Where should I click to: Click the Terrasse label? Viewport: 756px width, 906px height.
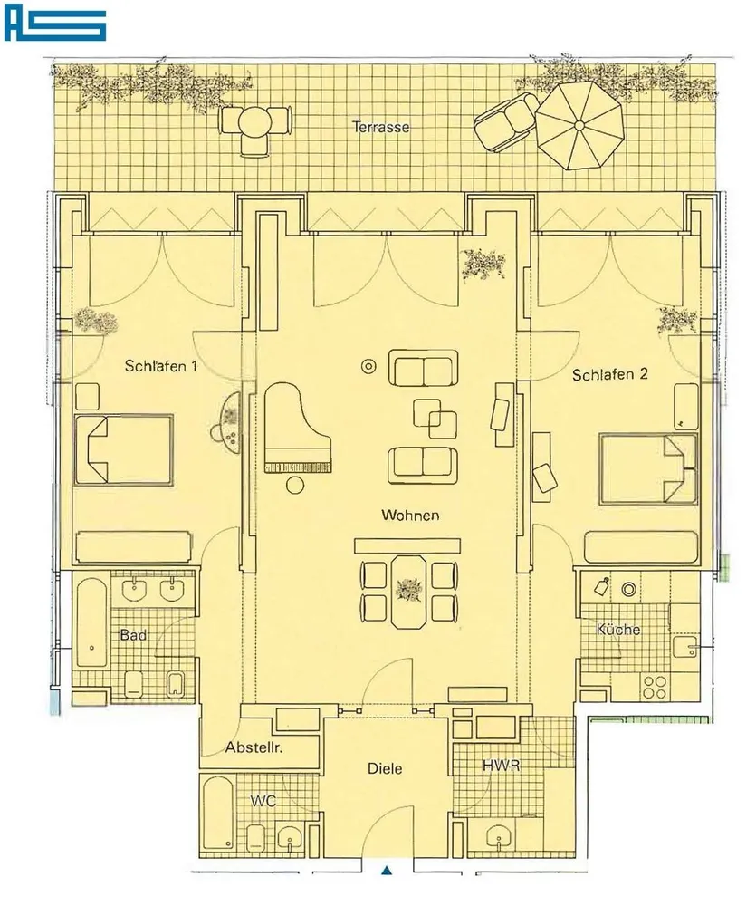(x=380, y=127)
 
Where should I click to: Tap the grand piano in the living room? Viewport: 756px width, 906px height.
(x=296, y=429)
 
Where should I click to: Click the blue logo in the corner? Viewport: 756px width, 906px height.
(x=55, y=24)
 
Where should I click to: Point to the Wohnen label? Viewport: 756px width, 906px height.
(x=410, y=515)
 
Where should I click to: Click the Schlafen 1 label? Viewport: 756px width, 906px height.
(x=161, y=366)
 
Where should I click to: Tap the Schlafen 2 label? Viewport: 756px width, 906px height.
(x=610, y=374)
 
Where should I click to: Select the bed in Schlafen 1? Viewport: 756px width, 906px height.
(x=124, y=449)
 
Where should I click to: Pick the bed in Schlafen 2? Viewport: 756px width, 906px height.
(x=648, y=468)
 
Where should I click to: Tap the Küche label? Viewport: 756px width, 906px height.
(x=618, y=630)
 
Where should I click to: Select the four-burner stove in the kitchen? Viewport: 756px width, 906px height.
(x=655, y=687)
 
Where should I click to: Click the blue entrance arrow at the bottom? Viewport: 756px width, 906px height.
(x=387, y=870)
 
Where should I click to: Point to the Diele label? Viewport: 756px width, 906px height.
(x=385, y=768)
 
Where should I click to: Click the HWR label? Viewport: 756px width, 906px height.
(x=502, y=766)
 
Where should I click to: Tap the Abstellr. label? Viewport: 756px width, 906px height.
(x=254, y=747)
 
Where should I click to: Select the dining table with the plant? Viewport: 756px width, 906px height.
(x=409, y=592)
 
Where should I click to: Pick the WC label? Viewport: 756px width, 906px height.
(x=263, y=801)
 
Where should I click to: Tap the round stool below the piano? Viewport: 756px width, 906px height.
(x=295, y=485)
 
